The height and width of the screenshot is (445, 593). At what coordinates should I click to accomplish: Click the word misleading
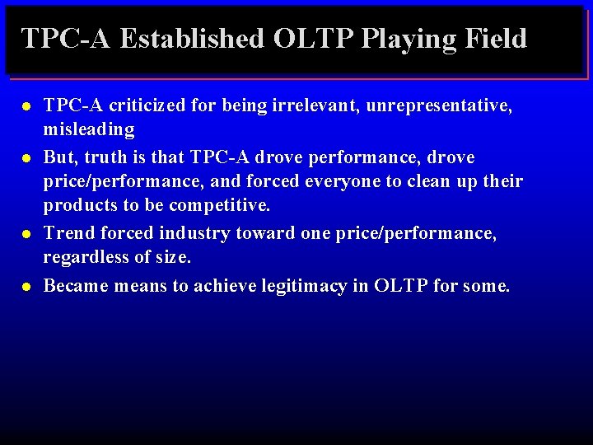(x=89, y=129)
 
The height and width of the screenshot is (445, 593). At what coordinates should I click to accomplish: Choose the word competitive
(x=220, y=204)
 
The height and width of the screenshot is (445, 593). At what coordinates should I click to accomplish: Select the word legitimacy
(x=307, y=286)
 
